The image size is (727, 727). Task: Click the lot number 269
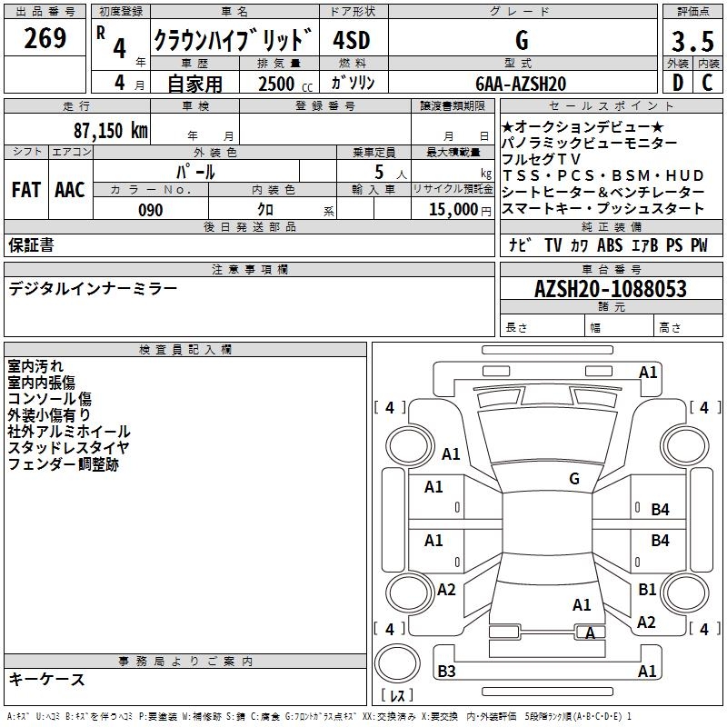tap(46, 39)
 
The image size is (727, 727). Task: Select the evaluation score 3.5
tap(692, 42)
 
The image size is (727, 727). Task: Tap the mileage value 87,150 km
tap(110, 131)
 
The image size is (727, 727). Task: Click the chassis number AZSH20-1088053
tap(610, 289)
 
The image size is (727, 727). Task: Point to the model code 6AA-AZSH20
tap(521, 84)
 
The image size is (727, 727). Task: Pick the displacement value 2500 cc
tap(276, 84)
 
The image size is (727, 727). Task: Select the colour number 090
tap(150, 210)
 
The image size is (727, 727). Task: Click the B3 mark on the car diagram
tap(446, 672)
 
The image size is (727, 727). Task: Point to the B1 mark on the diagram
tap(647, 589)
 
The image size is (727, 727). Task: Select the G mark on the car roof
tap(574, 478)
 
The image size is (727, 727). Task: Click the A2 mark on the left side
tap(446, 590)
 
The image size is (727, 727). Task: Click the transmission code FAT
tap(26, 190)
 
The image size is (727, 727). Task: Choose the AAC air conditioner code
tap(70, 190)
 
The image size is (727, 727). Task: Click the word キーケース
tap(46, 679)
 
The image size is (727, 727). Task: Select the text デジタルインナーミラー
tap(94, 289)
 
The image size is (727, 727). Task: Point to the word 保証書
tap(31, 244)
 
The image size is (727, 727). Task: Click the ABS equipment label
tap(610, 244)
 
